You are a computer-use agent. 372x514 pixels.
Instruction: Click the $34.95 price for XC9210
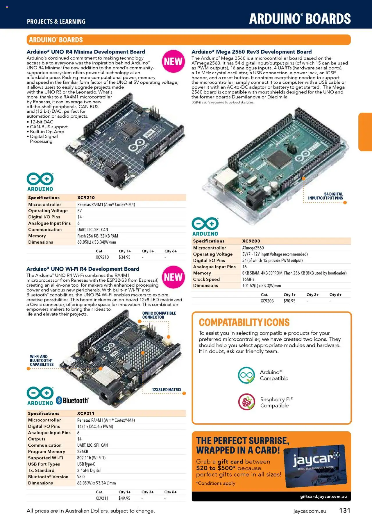(x=124, y=257)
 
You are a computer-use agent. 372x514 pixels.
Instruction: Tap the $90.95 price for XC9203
(x=289, y=301)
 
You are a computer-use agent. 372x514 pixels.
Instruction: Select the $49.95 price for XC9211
(x=124, y=498)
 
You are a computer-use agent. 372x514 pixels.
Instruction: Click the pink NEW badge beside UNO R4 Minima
(x=173, y=61)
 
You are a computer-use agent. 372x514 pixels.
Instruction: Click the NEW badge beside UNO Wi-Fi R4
(x=173, y=277)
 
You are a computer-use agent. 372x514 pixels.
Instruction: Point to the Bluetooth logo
(x=72, y=400)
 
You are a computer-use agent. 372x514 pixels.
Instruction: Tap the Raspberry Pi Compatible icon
(x=247, y=402)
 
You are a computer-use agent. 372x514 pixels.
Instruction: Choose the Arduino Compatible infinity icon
(x=246, y=375)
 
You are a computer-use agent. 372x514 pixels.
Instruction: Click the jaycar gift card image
(x=315, y=466)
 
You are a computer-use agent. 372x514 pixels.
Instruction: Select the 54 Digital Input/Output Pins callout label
(x=325, y=196)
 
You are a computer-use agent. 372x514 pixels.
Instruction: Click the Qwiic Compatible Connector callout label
(x=159, y=315)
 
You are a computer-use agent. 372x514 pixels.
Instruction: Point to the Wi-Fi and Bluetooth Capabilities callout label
(x=42, y=360)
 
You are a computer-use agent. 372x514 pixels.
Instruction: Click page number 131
(x=345, y=510)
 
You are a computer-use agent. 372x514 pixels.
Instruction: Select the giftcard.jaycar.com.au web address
(x=323, y=496)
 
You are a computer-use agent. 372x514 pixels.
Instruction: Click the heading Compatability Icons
(x=244, y=323)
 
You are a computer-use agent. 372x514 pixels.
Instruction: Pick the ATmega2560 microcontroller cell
(x=253, y=248)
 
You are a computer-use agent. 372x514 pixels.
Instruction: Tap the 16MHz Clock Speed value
(x=248, y=279)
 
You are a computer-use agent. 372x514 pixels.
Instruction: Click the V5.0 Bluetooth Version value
(x=81, y=477)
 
